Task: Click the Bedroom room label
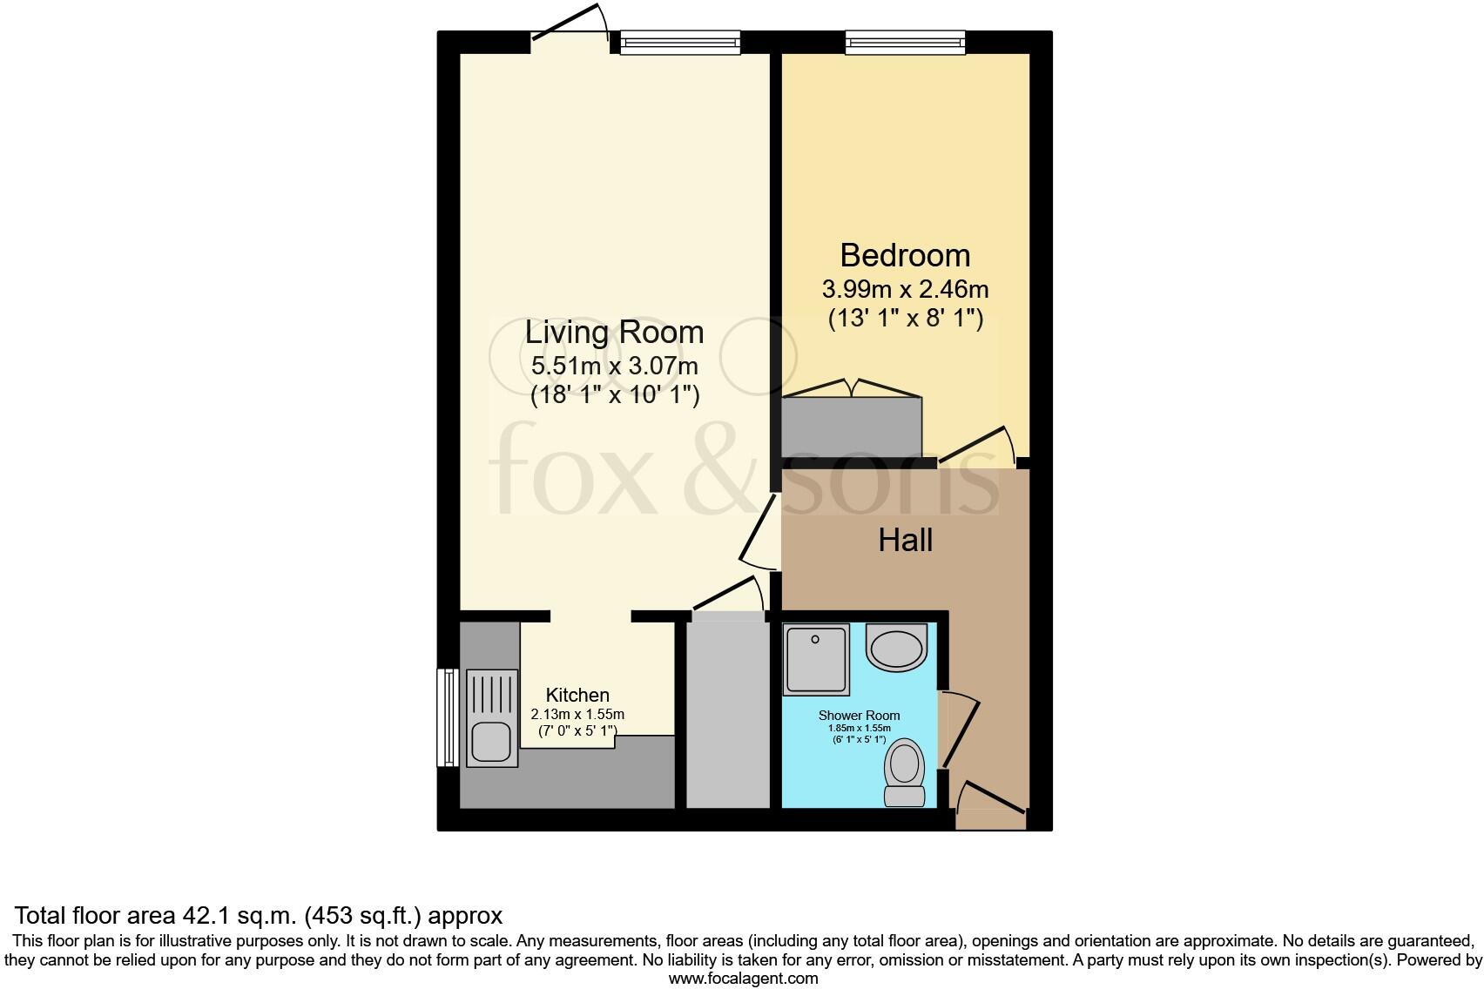[x=905, y=255]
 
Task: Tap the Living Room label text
[x=614, y=332]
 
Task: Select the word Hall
[x=905, y=540]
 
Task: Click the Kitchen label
[x=577, y=695]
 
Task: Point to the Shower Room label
[x=859, y=715]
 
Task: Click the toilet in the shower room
[x=904, y=771]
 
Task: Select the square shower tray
[x=816, y=659]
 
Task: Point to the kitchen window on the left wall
[x=448, y=717]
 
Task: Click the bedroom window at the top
[x=905, y=42]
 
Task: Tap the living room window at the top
[x=679, y=42]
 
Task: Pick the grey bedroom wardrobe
[x=851, y=427]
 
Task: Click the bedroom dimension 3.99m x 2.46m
[x=905, y=288]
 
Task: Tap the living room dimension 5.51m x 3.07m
[x=614, y=365]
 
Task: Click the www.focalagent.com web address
[x=742, y=978]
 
